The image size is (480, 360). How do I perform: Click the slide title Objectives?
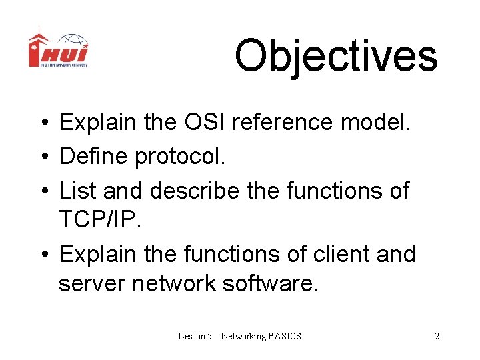click(x=336, y=56)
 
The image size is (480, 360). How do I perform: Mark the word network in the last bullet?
click(x=175, y=283)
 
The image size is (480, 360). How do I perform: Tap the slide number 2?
click(x=437, y=336)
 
